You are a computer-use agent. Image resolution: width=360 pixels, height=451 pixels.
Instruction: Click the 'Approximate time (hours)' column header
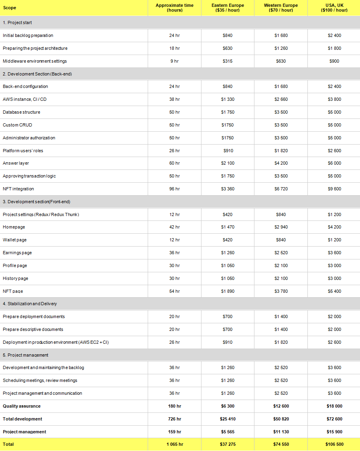point(175,8)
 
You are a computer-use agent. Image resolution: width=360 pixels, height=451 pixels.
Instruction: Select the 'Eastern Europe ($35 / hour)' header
point(228,8)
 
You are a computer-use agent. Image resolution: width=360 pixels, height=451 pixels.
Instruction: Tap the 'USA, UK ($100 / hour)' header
point(334,8)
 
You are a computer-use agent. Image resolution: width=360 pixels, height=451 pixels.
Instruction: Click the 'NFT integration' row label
point(18,189)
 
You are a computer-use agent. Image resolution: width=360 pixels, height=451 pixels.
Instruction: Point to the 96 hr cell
point(175,189)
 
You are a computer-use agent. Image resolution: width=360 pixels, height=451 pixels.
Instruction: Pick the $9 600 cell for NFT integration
point(334,189)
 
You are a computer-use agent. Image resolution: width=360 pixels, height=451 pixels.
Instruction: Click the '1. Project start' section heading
point(17,22)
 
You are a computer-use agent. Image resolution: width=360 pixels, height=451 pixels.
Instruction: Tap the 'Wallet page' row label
point(15,240)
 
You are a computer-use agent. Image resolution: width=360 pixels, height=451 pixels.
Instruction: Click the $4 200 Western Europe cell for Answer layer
point(281,163)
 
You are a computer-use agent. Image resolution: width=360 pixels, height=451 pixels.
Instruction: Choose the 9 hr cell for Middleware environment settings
point(175,61)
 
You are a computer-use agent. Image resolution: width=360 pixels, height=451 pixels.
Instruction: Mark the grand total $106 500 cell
point(334,444)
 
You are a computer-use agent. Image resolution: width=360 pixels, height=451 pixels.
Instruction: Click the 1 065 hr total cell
point(175,444)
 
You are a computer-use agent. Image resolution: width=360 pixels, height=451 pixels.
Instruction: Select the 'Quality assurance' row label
point(22,406)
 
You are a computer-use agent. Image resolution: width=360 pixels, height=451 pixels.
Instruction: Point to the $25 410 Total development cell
point(228,419)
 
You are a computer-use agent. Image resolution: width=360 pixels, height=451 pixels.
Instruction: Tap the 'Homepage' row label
point(14,227)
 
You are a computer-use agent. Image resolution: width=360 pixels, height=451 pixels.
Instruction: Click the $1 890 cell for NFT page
point(228,291)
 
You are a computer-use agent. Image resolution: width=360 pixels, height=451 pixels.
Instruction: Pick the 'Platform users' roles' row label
point(23,151)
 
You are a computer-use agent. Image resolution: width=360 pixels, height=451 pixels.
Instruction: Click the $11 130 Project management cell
point(281,432)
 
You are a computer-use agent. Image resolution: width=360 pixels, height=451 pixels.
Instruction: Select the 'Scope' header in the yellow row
point(10,8)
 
